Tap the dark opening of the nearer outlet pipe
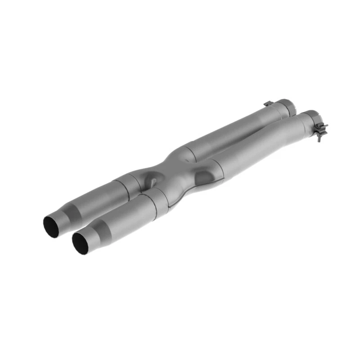[x=81, y=242]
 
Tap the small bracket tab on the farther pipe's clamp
[x=268, y=104]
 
